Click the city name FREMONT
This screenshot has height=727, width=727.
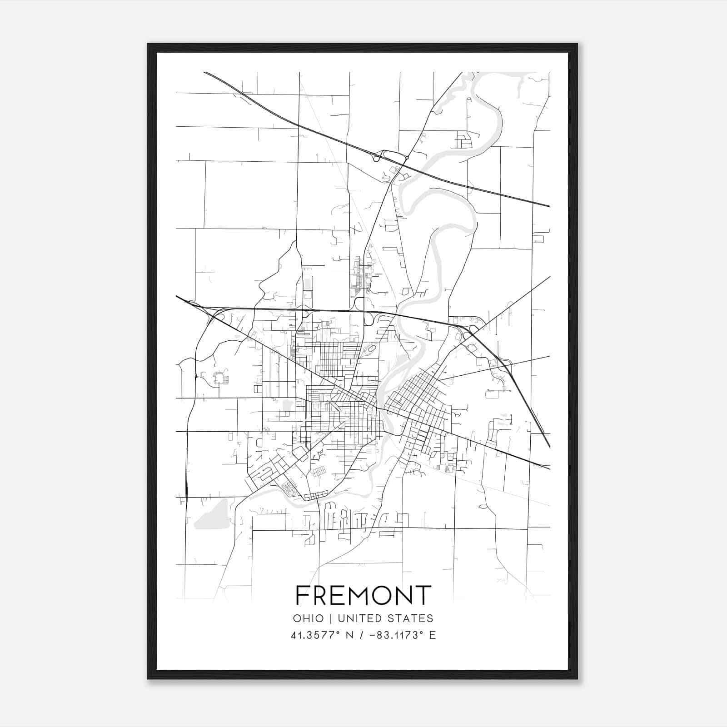pos(363,595)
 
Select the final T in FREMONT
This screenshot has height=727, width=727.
pos(423,595)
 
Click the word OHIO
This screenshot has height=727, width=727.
pos(309,618)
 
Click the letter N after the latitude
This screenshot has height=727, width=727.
pos(350,635)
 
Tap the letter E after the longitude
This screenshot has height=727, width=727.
pos(433,635)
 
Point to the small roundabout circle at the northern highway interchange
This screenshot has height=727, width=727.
pos(408,158)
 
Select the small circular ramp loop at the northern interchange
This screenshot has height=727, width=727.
pos(376,158)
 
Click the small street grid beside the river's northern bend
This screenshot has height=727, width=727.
pos(464,140)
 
